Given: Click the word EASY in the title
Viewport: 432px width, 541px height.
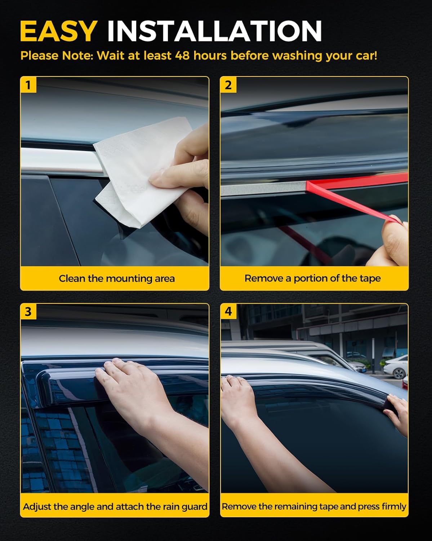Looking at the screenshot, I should (x=58, y=31).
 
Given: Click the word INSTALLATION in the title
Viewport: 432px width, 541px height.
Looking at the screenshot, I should (x=214, y=31).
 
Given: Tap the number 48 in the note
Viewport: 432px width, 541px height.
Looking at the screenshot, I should (x=182, y=56).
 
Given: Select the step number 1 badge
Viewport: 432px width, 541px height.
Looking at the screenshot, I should (x=28, y=85).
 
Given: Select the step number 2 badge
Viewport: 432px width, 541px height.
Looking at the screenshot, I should (x=228, y=85).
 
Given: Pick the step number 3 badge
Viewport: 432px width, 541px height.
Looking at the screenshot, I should (x=28, y=311).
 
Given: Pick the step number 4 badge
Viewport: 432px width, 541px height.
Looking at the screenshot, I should (x=228, y=311).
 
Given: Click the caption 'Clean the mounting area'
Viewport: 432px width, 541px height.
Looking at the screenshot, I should (x=116, y=278).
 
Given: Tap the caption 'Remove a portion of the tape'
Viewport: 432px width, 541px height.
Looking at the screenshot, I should (x=312, y=278).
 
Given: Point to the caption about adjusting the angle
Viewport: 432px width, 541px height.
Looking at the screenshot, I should (x=115, y=506).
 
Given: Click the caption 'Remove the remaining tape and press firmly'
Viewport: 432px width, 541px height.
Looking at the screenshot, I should (x=314, y=506).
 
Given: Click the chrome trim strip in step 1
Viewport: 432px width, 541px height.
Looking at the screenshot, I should (x=58, y=159).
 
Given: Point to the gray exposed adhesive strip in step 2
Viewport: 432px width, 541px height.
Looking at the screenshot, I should (x=263, y=189).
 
